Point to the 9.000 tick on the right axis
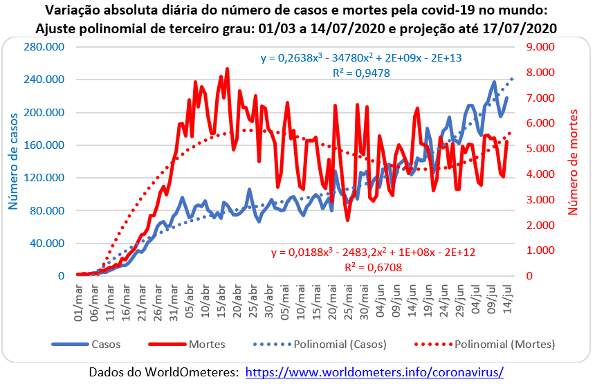click(x=540, y=47)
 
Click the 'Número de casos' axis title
click(x=13, y=161)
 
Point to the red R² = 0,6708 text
click(x=373, y=266)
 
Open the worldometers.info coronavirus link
click(x=374, y=372)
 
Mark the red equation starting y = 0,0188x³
click(x=373, y=252)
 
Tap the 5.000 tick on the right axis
click(x=540, y=149)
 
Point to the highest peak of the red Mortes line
click(x=228, y=69)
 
